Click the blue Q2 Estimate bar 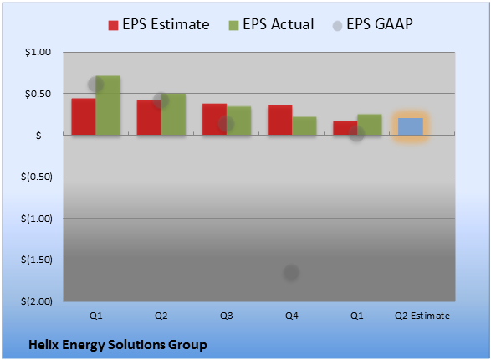(x=411, y=126)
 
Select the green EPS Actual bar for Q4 (x=304, y=126)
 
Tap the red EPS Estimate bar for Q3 (x=214, y=120)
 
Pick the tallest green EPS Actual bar (x=108, y=105)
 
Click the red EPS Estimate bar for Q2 (x=149, y=118)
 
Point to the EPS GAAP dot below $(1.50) (x=291, y=272)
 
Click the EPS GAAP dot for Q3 (x=226, y=123)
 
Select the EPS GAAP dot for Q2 (x=161, y=100)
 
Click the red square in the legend (x=114, y=25)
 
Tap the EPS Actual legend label (x=278, y=24)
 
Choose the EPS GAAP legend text (x=380, y=24)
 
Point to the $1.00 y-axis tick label (x=38, y=52)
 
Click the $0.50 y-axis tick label (x=38, y=94)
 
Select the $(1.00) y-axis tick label (x=37, y=219)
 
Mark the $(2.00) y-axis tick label (x=37, y=301)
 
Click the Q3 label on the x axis (x=226, y=316)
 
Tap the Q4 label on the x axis (x=292, y=316)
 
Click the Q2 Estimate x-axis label (x=422, y=316)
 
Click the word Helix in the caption (x=43, y=345)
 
